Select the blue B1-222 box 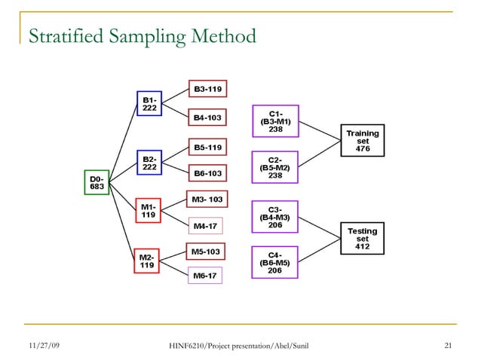(x=149, y=104)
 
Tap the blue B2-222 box (x=149, y=163)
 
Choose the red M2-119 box (x=148, y=261)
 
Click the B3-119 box (x=208, y=90)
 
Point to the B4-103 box (x=208, y=118)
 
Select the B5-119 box (x=208, y=148)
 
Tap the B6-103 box (x=208, y=173)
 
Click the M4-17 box (x=205, y=225)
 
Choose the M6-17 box (x=205, y=276)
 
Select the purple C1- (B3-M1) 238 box (x=275, y=121)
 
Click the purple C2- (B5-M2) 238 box (x=275, y=167)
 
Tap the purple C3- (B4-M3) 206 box (x=275, y=217)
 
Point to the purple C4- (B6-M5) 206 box (x=275, y=263)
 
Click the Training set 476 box (x=363, y=141)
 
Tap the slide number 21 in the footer (x=449, y=346)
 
